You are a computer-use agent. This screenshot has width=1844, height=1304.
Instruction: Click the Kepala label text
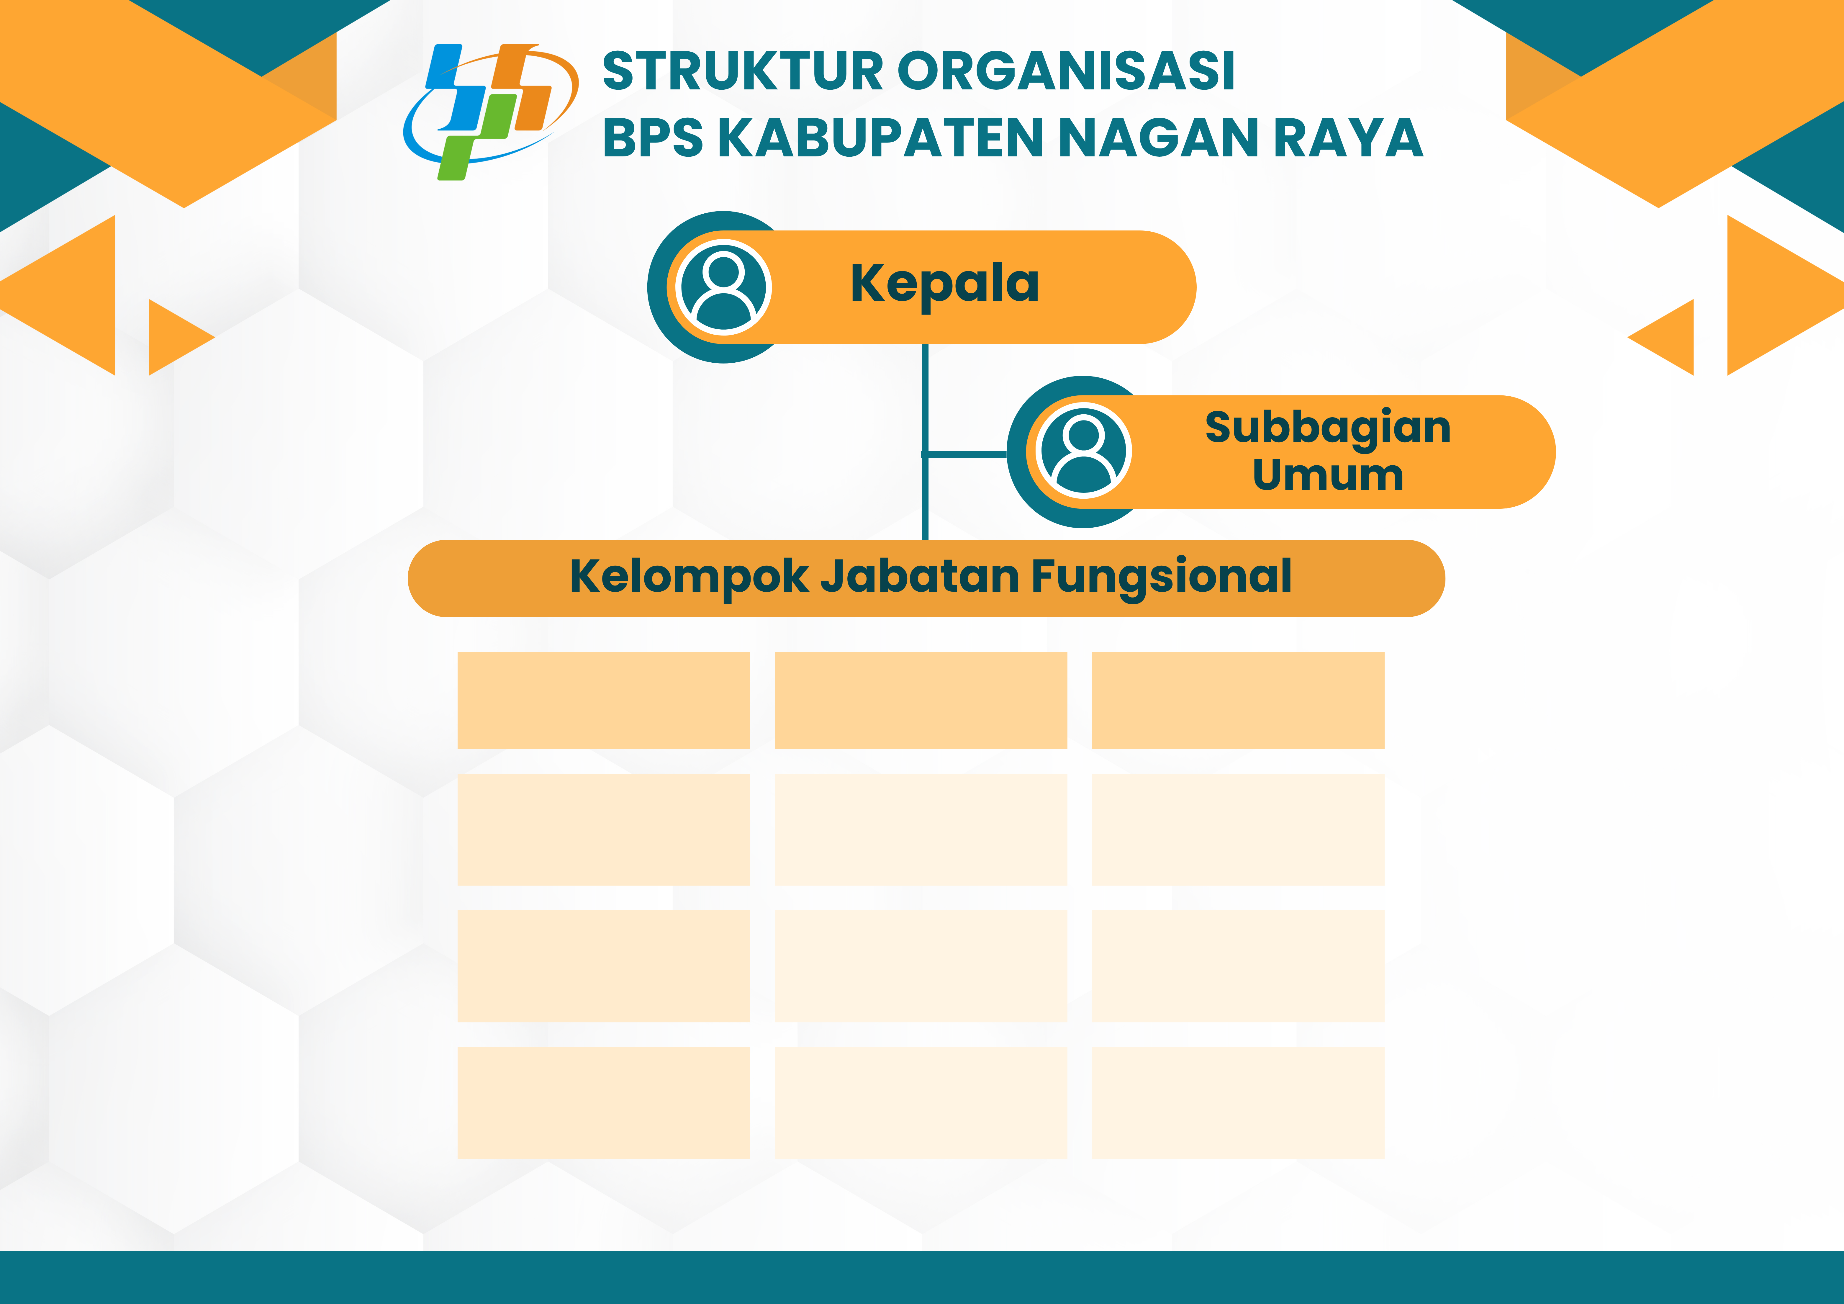(944, 285)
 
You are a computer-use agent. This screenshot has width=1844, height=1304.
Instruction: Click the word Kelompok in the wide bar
(689, 578)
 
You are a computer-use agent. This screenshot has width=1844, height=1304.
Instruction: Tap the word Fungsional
(1161, 578)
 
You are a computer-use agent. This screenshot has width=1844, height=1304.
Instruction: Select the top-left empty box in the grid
(604, 701)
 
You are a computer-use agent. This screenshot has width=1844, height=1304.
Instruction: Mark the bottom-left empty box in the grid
(604, 1102)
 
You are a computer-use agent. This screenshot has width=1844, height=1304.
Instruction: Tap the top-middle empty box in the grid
(921, 701)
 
